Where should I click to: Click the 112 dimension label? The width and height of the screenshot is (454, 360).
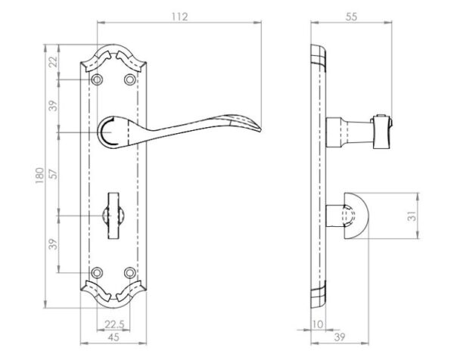click(180, 17)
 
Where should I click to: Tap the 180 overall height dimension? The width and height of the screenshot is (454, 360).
click(39, 175)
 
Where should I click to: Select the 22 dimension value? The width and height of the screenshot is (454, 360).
click(53, 62)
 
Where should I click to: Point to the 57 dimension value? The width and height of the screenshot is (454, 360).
click(53, 173)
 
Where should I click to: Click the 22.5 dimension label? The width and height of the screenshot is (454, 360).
click(114, 324)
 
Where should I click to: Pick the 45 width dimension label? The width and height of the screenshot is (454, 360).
click(113, 337)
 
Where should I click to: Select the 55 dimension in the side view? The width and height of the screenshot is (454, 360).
click(351, 17)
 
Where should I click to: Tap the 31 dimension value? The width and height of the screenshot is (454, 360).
click(412, 216)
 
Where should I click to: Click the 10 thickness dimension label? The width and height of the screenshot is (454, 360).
click(318, 324)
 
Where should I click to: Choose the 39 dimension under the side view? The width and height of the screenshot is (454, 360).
click(340, 337)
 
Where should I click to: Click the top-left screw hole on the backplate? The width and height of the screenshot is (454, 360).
click(97, 79)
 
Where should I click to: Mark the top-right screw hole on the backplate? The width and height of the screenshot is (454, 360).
click(129, 79)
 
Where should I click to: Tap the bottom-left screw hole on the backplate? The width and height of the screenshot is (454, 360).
click(97, 272)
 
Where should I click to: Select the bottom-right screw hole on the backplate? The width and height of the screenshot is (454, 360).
click(129, 272)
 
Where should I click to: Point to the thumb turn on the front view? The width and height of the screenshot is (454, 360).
click(113, 216)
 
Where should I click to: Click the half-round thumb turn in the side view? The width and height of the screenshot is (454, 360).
click(356, 216)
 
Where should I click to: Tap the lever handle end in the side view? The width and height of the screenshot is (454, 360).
click(382, 132)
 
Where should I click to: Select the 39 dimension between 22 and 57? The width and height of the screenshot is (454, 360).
click(53, 106)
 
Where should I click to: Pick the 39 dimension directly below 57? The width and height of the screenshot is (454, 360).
click(53, 244)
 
